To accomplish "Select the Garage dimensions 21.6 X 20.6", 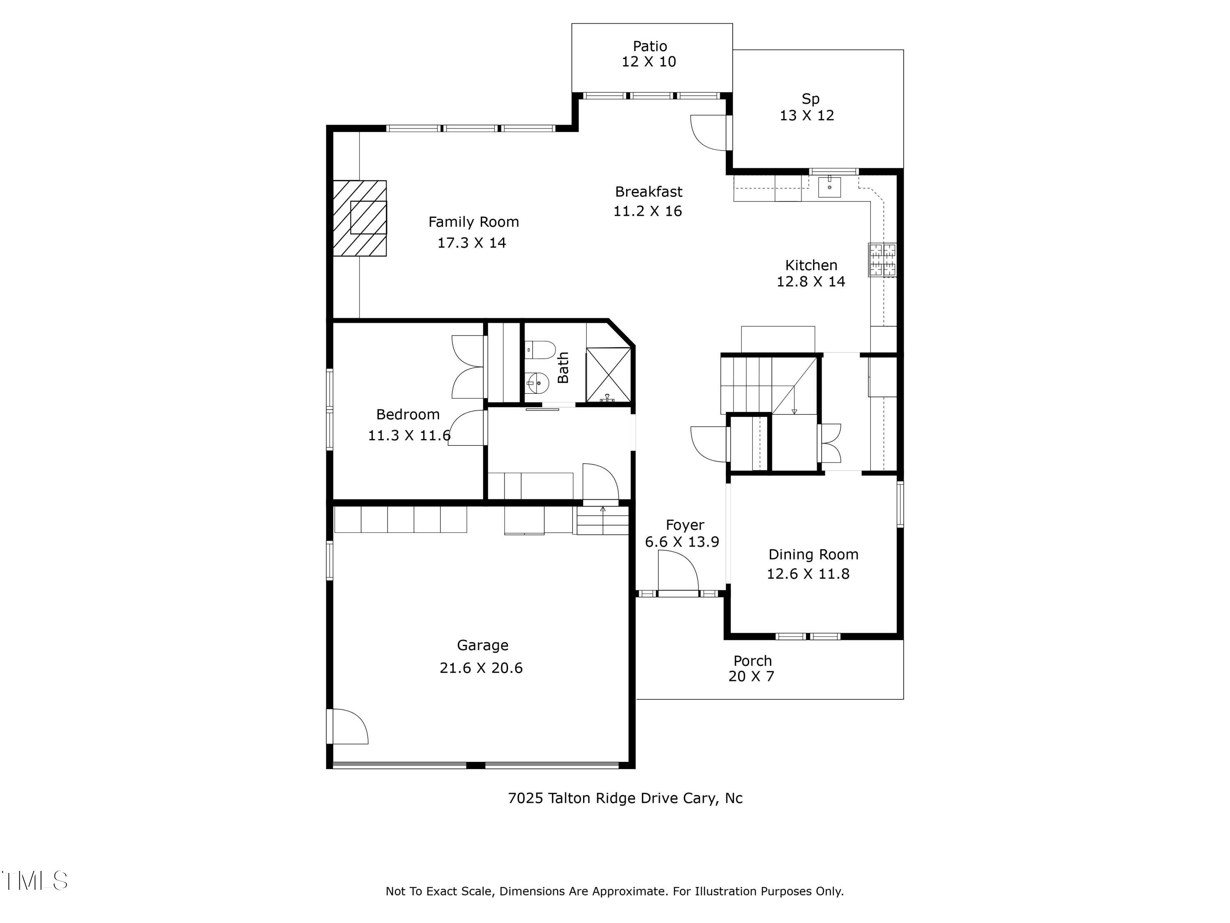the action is (481, 667).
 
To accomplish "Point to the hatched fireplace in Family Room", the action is (360, 219).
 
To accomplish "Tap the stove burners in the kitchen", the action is (882, 260).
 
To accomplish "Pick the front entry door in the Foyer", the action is (678, 576).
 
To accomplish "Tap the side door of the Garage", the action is (348, 726).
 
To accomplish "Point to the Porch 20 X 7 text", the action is (752, 668).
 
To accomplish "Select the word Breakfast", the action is (648, 192).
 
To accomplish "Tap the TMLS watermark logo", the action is (34, 881).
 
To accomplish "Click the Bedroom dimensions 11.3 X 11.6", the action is (409, 435).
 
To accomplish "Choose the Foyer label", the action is (685, 525).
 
